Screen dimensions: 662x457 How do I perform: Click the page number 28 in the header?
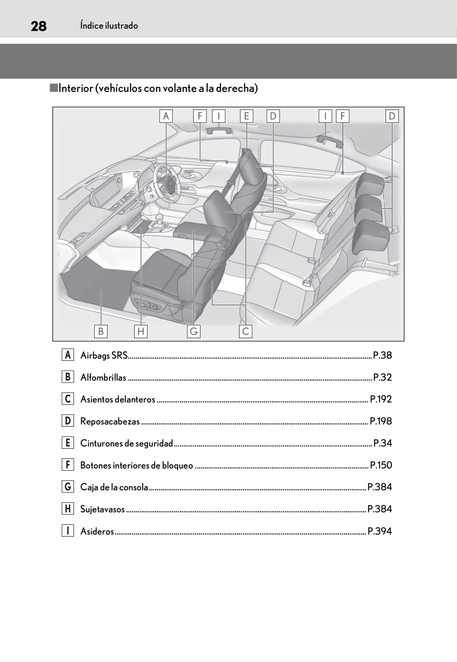click(38, 26)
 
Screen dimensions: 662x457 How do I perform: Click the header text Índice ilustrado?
click(109, 26)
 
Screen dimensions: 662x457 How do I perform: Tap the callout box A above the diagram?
click(166, 116)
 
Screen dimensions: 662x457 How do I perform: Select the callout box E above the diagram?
click(247, 116)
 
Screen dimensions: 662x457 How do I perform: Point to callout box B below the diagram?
click(101, 331)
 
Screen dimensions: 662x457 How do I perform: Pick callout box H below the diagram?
click(140, 331)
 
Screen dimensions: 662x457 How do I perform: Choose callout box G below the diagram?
click(194, 331)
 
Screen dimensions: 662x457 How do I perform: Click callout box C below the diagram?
click(246, 331)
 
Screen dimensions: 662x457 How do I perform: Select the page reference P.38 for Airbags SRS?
click(382, 355)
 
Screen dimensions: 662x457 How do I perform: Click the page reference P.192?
click(381, 399)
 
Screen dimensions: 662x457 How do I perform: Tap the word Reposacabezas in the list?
click(110, 421)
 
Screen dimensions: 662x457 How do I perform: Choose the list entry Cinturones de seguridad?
click(126, 443)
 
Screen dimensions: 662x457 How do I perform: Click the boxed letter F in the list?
click(68, 465)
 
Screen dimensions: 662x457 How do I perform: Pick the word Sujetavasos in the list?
click(102, 509)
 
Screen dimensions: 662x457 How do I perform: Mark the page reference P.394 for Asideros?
click(380, 531)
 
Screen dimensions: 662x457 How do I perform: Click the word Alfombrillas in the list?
click(103, 377)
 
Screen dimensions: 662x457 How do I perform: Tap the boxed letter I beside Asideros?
click(68, 531)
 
